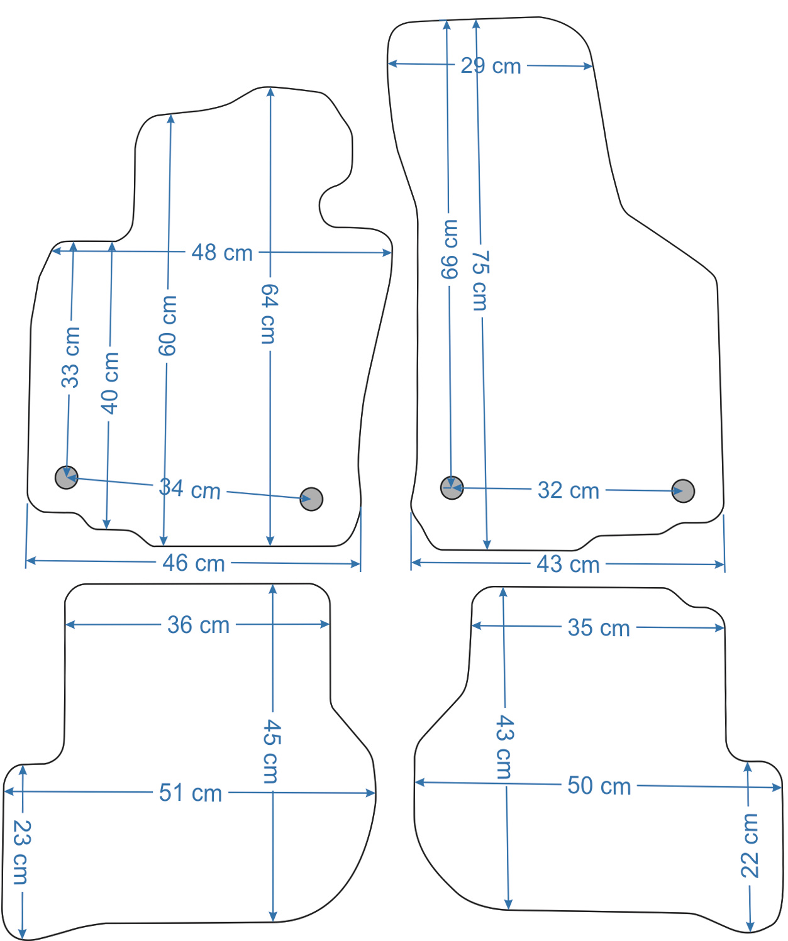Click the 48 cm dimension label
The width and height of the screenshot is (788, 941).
[x=222, y=252]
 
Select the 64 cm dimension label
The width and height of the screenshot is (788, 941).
[x=270, y=314]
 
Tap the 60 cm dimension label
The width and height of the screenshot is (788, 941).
[x=167, y=326]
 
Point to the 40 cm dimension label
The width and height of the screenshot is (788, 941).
[x=109, y=383]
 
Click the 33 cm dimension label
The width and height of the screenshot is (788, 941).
[x=70, y=358]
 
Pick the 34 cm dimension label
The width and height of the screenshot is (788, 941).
[x=190, y=489]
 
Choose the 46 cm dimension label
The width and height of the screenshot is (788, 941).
[x=194, y=563]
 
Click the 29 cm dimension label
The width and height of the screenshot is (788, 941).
[x=491, y=66]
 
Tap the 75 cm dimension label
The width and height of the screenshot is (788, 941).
[x=480, y=281]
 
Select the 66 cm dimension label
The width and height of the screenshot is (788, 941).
[x=449, y=249]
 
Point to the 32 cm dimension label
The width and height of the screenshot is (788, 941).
[x=569, y=490]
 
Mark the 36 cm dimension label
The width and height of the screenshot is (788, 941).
[x=198, y=625]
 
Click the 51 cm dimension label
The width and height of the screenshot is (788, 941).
[x=190, y=793]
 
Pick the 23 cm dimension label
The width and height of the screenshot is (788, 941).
[x=21, y=852]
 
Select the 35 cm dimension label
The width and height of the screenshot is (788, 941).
[x=599, y=628]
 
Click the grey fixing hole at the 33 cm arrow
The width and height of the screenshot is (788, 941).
[x=67, y=477]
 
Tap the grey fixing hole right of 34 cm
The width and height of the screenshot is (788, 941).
[x=311, y=499]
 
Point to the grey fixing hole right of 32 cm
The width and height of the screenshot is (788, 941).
[x=683, y=491]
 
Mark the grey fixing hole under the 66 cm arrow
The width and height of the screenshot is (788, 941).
[x=452, y=488]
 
